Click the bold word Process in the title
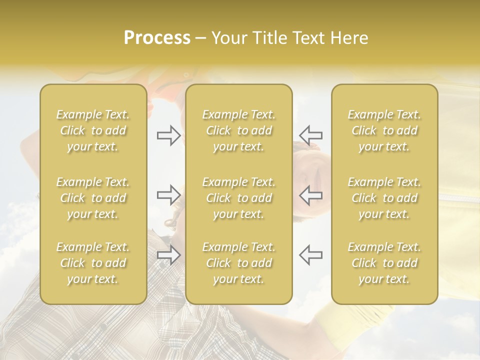[x=157, y=38]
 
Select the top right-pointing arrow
[x=169, y=135]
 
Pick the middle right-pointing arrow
[x=169, y=195]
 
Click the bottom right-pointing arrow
[x=169, y=255]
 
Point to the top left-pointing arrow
[x=310, y=135]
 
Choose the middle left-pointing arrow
[x=310, y=195]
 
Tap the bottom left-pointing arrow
[x=310, y=255]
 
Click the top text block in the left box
[x=93, y=130]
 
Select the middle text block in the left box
[x=93, y=198]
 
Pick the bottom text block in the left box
[x=93, y=263]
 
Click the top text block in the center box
[x=239, y=130]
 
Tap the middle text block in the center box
[x=239, y=198]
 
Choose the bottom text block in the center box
[x=239, y=263]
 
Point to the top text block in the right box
[x=384, y=130]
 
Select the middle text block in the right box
[x=384, y=198]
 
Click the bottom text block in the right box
[x=384, y=263]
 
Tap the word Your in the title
[x=229, y=38]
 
